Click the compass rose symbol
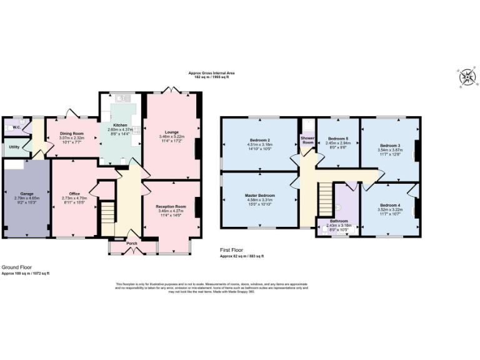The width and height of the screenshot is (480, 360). [x=466, y=77]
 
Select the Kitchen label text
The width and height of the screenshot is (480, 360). [x=120, y=125]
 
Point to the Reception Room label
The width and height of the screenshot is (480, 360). [x=171, y=206]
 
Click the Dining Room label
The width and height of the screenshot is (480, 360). [x=72, y=133]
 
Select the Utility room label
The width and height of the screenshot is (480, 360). [x=14, y=146]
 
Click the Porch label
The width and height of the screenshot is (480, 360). [x=132, y=243]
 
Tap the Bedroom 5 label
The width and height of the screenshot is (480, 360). [x=337, y=138]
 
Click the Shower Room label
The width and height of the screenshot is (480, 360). [x=307, y=140]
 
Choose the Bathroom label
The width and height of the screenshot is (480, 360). [x=339, y=221]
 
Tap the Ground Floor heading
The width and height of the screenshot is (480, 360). [x=16, y=267]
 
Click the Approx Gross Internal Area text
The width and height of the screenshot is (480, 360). [x=212, y=73]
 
